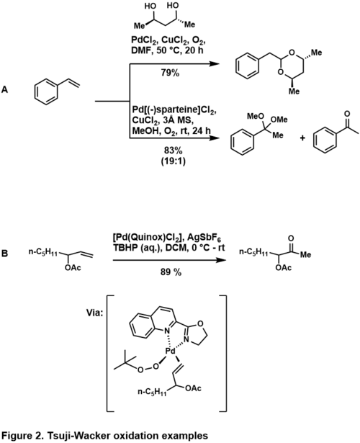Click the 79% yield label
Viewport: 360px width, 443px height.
tap(170, 73)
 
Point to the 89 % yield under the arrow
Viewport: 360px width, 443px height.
tap(171, 272)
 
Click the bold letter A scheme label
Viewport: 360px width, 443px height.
tap(5, 90)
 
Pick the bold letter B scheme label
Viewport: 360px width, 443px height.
tap(5, 254)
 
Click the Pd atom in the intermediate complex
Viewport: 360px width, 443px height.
tap(170, 352)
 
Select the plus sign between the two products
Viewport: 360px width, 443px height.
tap(302, 138)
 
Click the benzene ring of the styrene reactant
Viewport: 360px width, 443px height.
tap(46, 91)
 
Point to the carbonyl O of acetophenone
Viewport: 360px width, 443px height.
tap(347, 114)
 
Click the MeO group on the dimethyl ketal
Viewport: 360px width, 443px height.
tap(256, 116)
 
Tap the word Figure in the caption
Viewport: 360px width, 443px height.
tap(16, 436)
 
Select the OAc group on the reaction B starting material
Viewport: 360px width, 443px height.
tap(73, 267)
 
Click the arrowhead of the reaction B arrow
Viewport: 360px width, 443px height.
tap(222, 260)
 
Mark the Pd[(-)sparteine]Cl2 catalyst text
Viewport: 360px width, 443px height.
tap(174, 110)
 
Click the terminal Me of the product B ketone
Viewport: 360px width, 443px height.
tap(305, 254)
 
